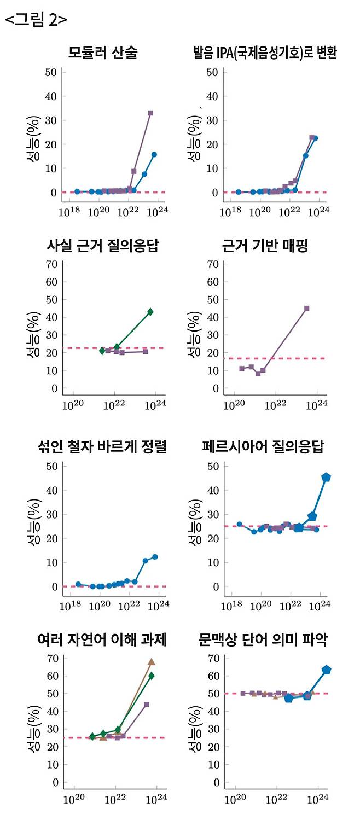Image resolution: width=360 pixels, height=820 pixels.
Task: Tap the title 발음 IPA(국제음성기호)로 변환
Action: [x=265, y=53]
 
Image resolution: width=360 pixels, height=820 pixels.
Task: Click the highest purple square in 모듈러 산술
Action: [x=150, y=113]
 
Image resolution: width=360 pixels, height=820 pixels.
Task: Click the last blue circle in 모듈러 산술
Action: [x=154, y=155]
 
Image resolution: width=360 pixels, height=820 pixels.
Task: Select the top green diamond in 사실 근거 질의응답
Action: [x=150, y=312]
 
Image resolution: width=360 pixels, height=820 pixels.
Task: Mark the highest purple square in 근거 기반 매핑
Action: [x=307, y=308]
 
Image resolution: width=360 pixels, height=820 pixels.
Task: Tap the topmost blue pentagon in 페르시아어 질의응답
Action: [x=326, y=478]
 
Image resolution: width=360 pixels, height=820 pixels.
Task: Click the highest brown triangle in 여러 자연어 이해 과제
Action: [x=152, y=662]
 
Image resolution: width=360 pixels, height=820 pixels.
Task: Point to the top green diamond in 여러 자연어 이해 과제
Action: [x=152, y=676]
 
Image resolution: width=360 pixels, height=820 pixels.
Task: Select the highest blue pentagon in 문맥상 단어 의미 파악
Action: [x=327, y=670]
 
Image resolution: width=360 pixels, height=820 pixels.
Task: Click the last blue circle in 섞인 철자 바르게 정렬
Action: [x=155, y=557]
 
